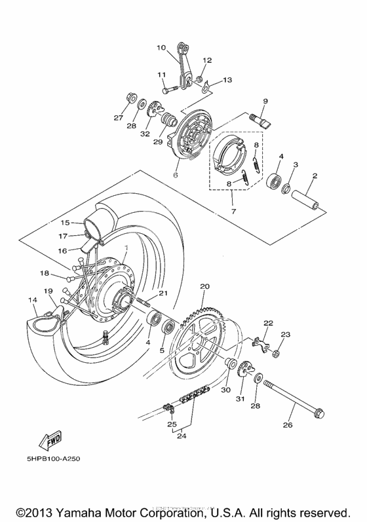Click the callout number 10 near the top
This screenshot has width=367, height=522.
click(x=161, y=47)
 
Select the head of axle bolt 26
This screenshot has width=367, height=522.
click(x=319, y=413)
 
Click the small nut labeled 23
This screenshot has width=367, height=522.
click(x=276, y=354)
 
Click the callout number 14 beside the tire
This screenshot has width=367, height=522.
click(x=31, y=300)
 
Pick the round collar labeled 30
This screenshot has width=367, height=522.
click(x=231, y=364)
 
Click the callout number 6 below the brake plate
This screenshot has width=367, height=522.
click(x=175, y=176)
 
